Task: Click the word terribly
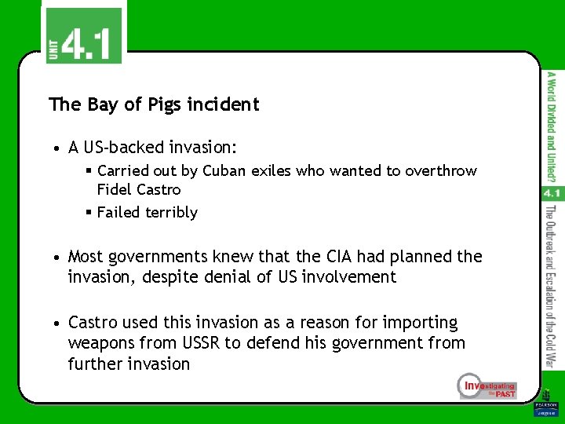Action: point(169,212)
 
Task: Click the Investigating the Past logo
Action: point(487,386)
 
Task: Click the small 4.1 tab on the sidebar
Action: point(551,193)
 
